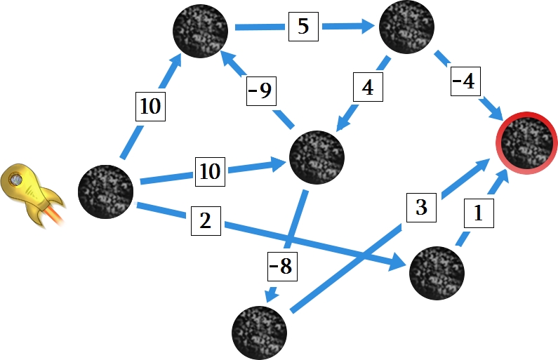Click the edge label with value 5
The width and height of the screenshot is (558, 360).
click(303, 27)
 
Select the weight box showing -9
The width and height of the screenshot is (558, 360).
click(262, 91)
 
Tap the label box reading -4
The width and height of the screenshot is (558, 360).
click(465, 81)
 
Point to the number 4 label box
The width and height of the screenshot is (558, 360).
click(368, 87)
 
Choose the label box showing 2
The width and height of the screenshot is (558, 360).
click(206, 221)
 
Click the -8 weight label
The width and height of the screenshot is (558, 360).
click(282, 266)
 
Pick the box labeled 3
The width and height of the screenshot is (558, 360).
click(421, 208)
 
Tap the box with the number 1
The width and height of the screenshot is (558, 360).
click(479, 213)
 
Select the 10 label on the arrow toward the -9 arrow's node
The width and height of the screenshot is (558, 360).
click(150, 107)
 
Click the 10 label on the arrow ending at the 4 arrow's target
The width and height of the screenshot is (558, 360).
click(210, 171)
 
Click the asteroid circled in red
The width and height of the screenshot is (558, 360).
click(527, 143)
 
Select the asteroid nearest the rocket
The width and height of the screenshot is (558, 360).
click(106, 192)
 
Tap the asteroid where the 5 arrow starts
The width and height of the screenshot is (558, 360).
click(200, 31)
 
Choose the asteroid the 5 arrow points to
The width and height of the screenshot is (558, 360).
click(407, 27)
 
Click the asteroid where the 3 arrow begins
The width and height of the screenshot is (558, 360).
click(260, 333)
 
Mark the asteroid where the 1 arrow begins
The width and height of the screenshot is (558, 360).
click(437, 273)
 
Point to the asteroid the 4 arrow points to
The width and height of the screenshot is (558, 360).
click(317, 157)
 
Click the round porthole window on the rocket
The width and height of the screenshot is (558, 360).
click(15, 180)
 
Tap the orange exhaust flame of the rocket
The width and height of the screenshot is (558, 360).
click(55, 216)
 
